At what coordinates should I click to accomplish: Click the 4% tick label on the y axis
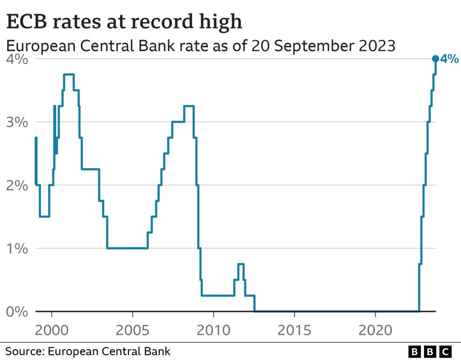tap(17, 60)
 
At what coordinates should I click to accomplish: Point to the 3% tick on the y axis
tap(17, 122)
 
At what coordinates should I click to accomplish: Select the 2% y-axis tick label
tap(17, 186)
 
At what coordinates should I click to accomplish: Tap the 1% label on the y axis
tap(17, 249)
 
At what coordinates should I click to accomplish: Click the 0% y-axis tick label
tap(17, 312)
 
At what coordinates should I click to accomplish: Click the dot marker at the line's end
tap(435, 59)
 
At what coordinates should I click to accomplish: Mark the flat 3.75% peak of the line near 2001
tap(68, 74)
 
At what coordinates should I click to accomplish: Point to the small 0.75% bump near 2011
tap(241, 264)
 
